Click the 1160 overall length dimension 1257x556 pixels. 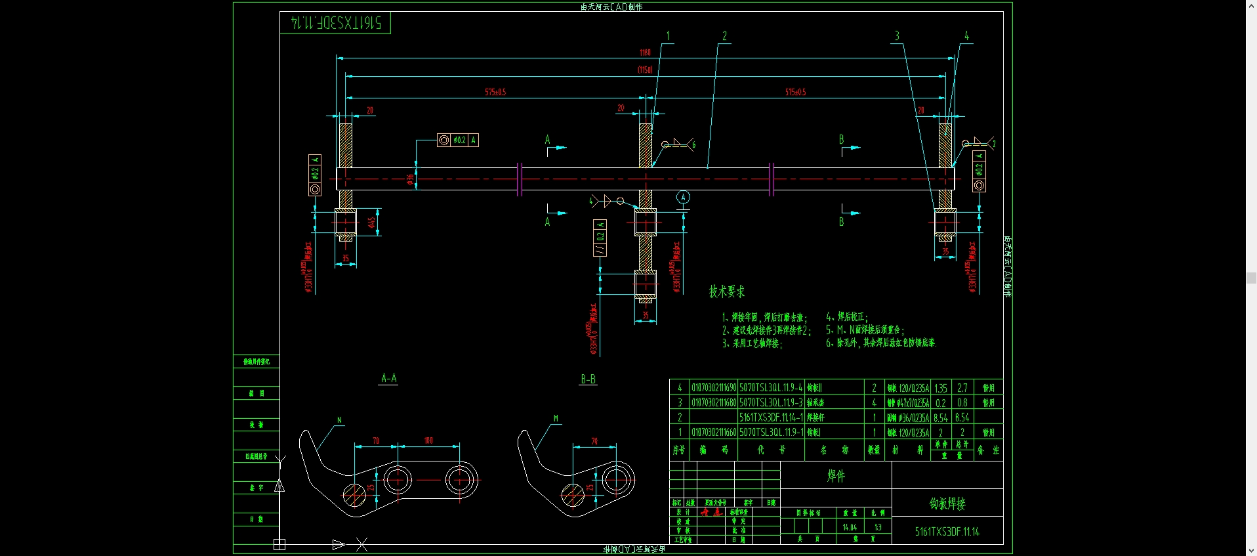click(x=645, y=53)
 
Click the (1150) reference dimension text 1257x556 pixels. click(x=645, y=70)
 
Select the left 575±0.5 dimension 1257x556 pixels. click(x=495, y=93)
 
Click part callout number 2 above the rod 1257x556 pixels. click(x=724, y=36)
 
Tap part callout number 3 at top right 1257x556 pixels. click(x=897, y=36)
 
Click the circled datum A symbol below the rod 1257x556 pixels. click(x=683, y=197)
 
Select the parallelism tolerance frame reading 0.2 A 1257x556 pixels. click(x=600, y=238)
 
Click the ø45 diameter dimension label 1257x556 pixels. click(x=372, y=223)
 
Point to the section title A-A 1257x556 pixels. click(x=388, y=378)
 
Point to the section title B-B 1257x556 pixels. click(x=588, y=379)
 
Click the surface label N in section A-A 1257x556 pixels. click(x=339, y=420)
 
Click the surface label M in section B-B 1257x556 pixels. click(x=556, y=418)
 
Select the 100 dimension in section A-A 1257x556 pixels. click(x=428, y=440)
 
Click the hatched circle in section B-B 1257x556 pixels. click(x=573, y=496)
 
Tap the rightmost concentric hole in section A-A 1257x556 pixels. click(x=461, y=480)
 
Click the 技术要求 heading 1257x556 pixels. click(x=726, y=291)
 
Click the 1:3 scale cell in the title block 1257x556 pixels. click(x=878, y=527)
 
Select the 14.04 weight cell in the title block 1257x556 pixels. click(x=850, y=527)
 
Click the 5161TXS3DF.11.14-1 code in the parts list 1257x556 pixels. click(x=771, y=433)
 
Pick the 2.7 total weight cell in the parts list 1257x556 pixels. click(x=962, y=388)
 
